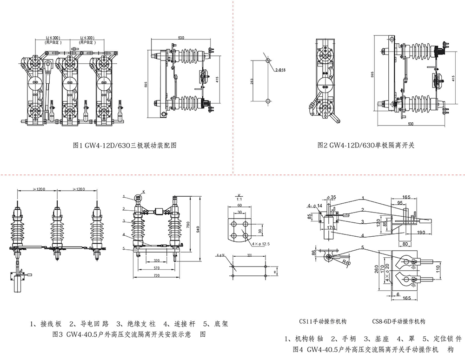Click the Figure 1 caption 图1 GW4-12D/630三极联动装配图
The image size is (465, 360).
(125, 145)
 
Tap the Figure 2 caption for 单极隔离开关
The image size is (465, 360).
(365, 145)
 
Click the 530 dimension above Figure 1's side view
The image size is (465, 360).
(181, 37)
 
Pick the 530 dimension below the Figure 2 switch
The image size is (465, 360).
(411, 124)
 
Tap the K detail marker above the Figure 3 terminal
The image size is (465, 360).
(144, 191)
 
